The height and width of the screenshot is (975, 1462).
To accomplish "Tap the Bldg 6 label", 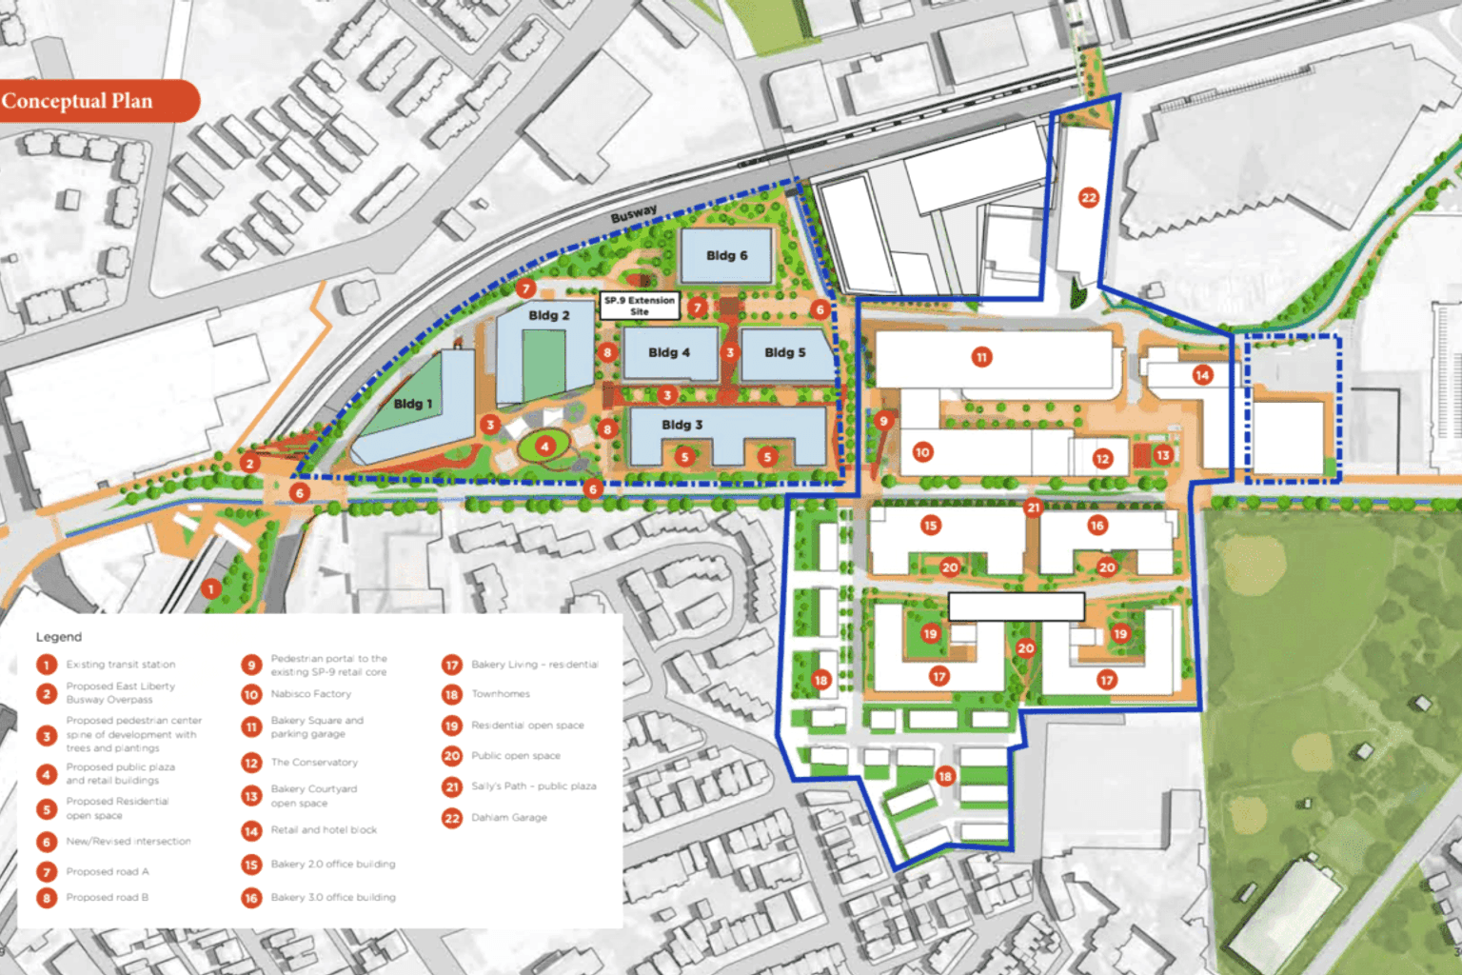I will click(x=726, y=255).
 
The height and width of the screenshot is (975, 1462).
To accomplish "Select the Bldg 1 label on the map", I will click(x=413, y=404).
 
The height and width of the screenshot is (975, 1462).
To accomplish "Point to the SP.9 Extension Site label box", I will click(x=640, y=306).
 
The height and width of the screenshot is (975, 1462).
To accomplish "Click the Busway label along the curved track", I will click(x=633, y=214).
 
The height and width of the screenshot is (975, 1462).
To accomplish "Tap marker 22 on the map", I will click(x=1089, y=198).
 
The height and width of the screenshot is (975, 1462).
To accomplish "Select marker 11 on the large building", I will click(x=981, y=357).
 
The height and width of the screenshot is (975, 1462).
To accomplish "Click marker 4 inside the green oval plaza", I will click(x=544, y=446).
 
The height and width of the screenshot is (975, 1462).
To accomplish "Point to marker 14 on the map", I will click(x=1202, y=375).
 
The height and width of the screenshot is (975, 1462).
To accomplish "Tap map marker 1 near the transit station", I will click(x=211, y=588).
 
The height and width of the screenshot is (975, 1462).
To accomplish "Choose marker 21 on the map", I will click(x=1033, y=507).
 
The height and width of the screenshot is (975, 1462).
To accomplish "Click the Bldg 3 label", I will click(x=682, y=425).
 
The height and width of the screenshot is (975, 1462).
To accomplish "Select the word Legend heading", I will click(x=59, y=637).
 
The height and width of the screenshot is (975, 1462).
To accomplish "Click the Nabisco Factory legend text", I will click(x=310, y=694).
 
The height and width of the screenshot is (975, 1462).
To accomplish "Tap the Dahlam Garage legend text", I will click(x=509, y=817).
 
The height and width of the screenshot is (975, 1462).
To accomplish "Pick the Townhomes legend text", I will click(x=501, y=694).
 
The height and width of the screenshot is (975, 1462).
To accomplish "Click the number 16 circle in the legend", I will click(x=251, y=897).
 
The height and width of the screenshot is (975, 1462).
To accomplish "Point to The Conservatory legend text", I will click(x=314, y=763).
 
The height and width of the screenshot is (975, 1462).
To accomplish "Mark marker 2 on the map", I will click(x=249, y=464).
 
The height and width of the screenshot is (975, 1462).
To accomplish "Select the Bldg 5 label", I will click(x=784, y=352).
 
